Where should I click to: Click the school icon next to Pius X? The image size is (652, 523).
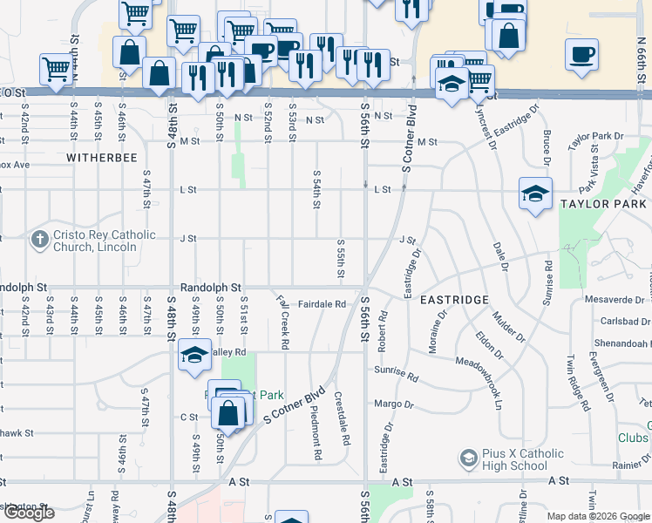coord(469,458)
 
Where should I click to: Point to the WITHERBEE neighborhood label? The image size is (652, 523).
coord(102,158)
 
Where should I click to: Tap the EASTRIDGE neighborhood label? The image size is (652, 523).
coord(454,299)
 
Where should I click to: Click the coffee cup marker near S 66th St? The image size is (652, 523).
coord(581,55)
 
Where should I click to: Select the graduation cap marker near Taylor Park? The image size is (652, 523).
coord(535,194)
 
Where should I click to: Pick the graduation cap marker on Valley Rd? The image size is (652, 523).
coord(194,355)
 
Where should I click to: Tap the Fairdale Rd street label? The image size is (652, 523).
coord(323,304)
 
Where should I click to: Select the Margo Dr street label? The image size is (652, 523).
coord(393,404)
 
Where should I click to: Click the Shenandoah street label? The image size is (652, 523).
coord(622,343)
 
